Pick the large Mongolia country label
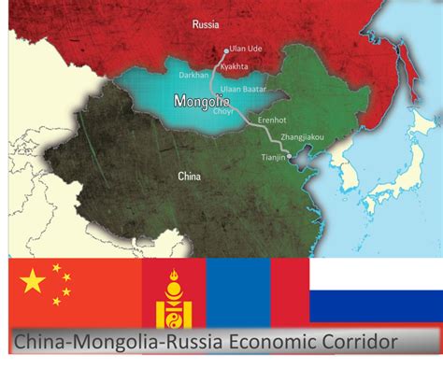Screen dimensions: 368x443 point(203,100)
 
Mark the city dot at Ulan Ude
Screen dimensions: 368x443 point(225,50)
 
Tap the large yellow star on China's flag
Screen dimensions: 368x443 point(33,280)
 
